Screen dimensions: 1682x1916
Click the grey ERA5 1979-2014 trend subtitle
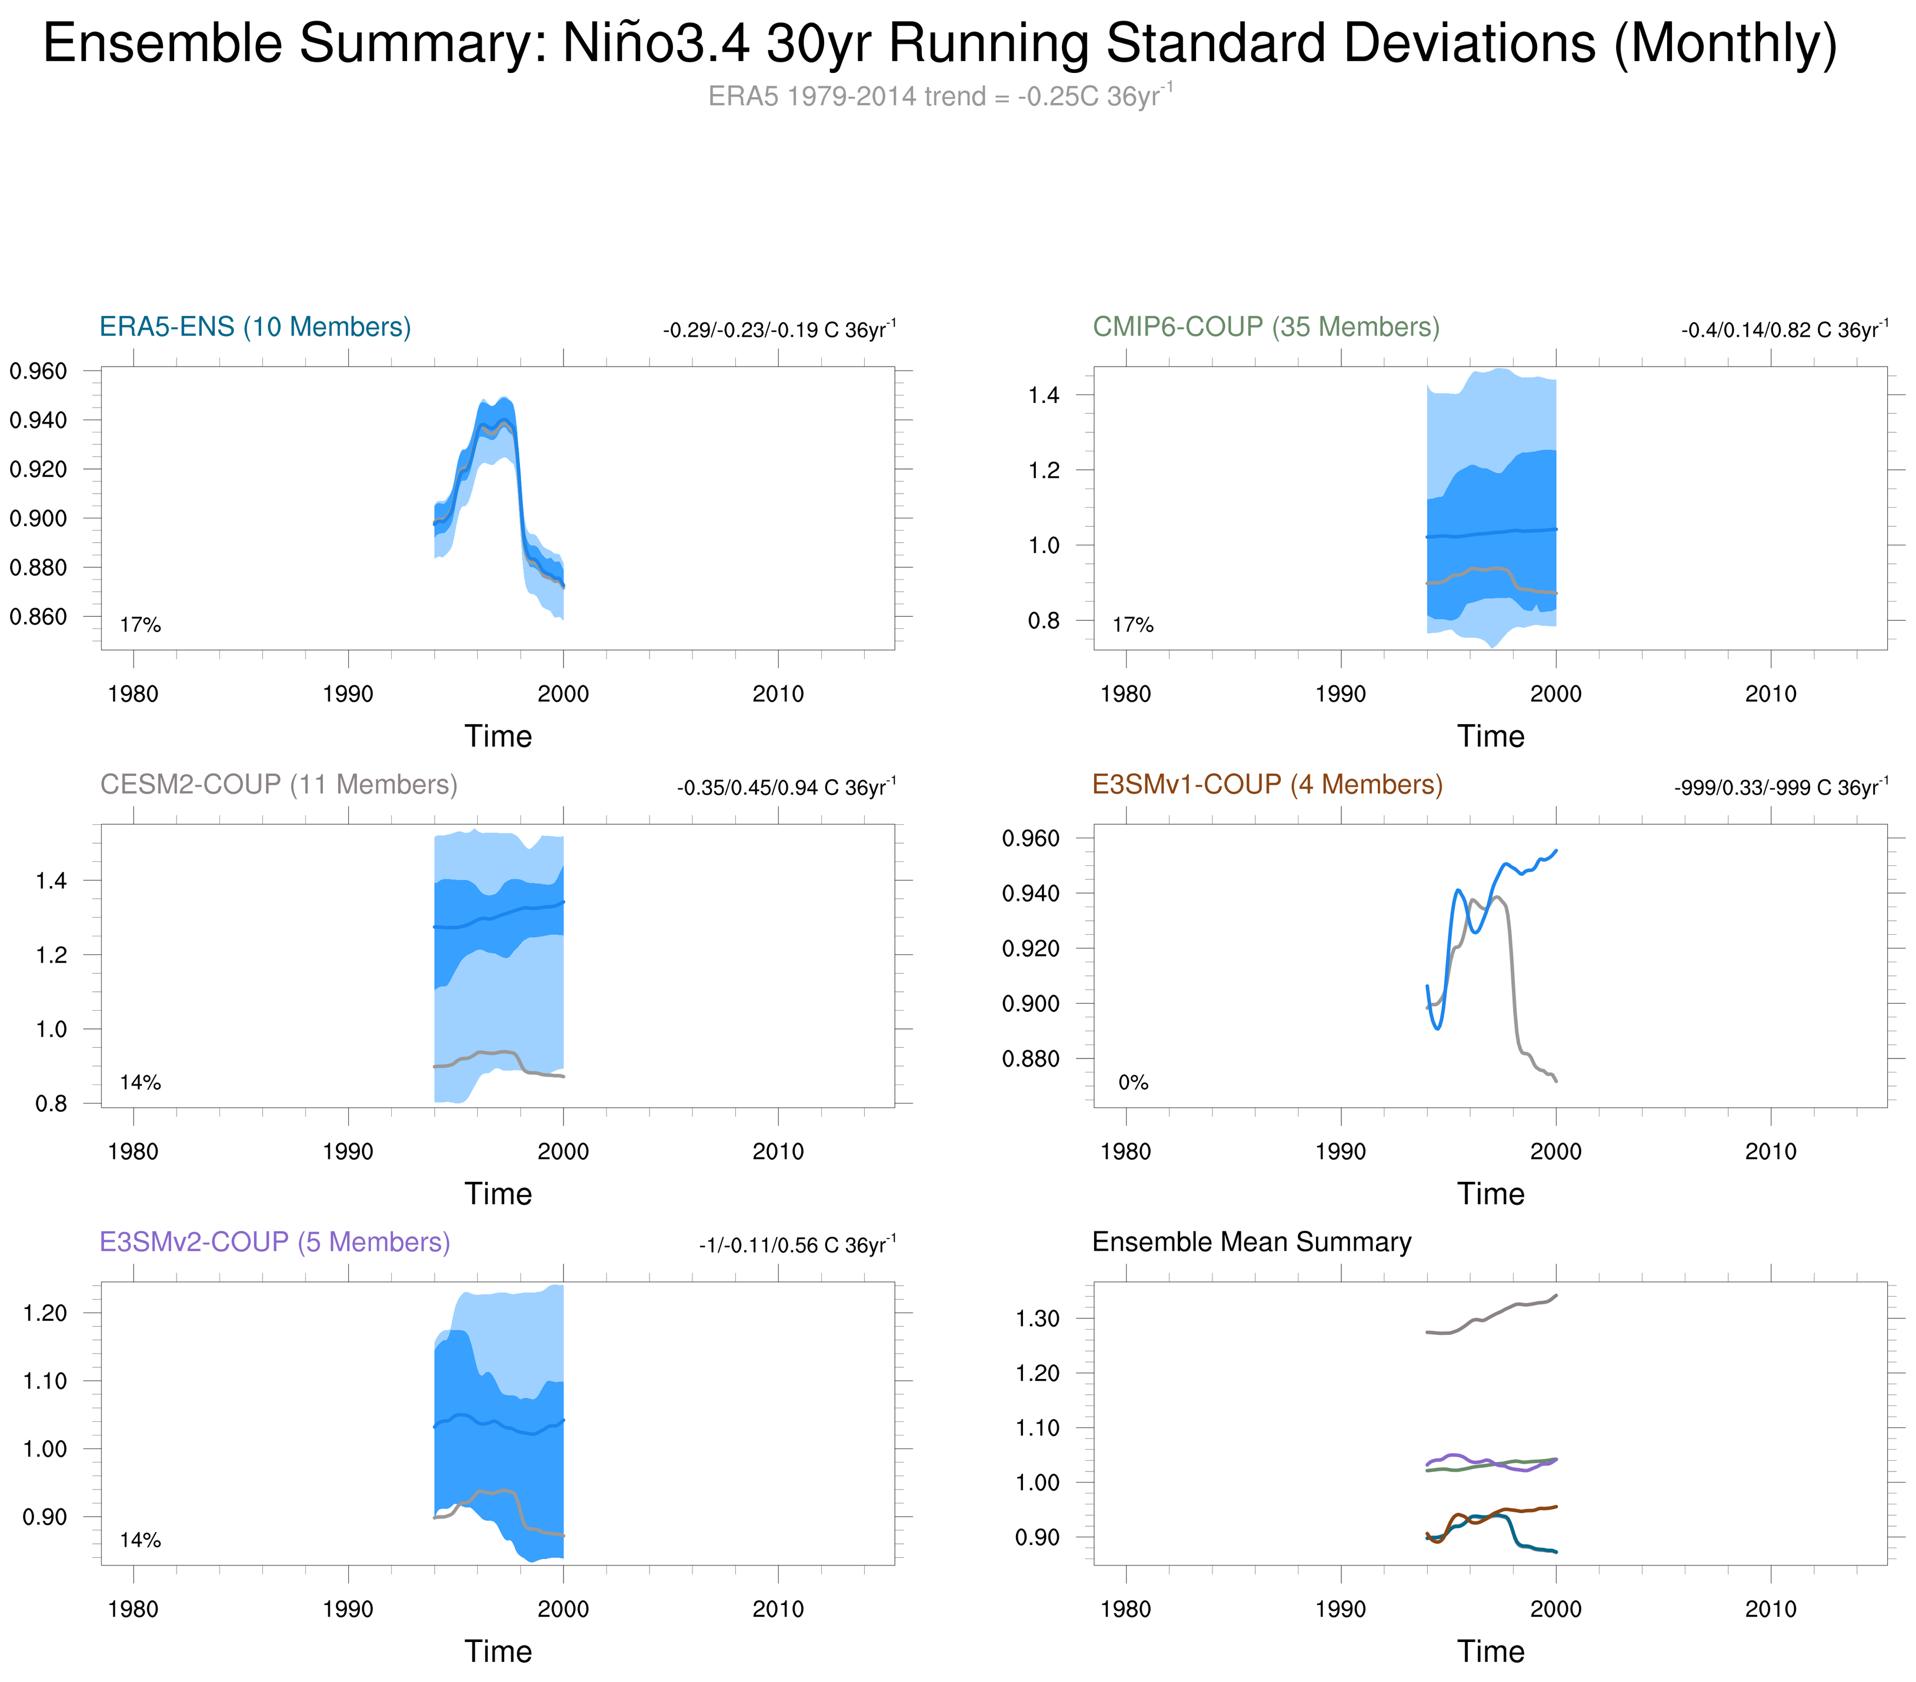(x=939, y=96)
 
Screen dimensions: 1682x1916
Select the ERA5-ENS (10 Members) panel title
(x=255, y=327)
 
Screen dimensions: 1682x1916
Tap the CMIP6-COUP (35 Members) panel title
(x=1265, y=327)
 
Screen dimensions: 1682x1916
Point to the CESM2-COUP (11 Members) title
(x=278, y=785)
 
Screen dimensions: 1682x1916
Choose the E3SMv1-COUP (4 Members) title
(x=1267, y=785)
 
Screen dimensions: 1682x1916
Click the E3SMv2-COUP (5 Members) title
(x=275, y=1243)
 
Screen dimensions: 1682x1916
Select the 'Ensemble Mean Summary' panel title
(x=1251, y=1243)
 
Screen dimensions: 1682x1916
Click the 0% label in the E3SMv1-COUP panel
(x=1132, y=1083)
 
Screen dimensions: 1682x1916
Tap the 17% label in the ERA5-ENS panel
(x=141, y=625)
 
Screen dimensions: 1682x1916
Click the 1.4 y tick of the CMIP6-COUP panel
(x=1044, y=395)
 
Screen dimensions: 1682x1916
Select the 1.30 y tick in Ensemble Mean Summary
(x=1038, y=1319)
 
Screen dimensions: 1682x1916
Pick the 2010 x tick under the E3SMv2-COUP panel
(x=778, y=1610)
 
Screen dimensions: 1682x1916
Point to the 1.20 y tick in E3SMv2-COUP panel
(x=45, y=1314)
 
